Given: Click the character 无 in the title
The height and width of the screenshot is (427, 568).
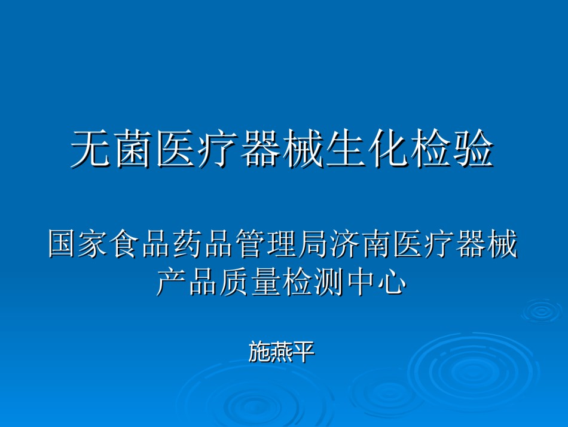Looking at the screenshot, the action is point(90,149).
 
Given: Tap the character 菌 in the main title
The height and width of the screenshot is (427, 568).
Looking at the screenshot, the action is point(133,149).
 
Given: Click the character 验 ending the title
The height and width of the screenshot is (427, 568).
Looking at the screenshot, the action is point(474,149).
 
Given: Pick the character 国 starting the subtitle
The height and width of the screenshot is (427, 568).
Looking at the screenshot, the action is point(63,243).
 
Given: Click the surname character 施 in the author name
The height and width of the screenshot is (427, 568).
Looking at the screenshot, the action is point(259,352).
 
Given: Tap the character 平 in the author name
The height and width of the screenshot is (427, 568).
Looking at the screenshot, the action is point(303,352).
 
